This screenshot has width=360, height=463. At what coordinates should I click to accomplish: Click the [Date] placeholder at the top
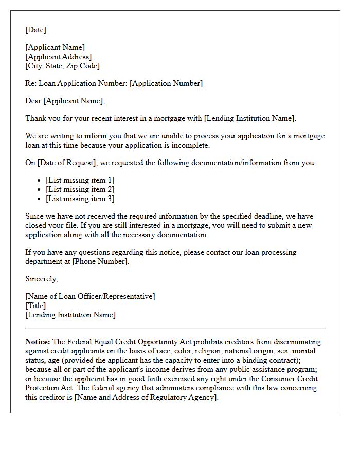click(35, 30)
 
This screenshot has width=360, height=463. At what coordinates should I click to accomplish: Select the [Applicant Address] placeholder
click(59, 57)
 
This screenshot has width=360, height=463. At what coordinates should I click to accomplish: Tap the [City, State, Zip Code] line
click(63, 66)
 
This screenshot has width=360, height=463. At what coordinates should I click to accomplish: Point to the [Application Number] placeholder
click(166, 83)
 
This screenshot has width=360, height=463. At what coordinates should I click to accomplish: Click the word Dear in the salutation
click(33, 101)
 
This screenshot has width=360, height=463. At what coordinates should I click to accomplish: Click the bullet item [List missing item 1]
click(80, 180)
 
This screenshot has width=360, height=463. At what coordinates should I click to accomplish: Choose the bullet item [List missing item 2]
click(80, 189)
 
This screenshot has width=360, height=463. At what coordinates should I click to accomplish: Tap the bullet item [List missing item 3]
click(80, 199)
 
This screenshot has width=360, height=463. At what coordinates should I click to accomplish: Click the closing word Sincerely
click(42, 279)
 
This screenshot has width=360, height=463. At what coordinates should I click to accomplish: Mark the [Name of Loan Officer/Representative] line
click(90, 296)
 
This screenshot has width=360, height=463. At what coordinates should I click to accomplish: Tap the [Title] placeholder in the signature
click(35, 306)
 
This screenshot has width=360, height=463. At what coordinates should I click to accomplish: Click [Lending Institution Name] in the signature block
click(70, 315)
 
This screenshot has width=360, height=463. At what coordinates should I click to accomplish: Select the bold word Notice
click(38, 342)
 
